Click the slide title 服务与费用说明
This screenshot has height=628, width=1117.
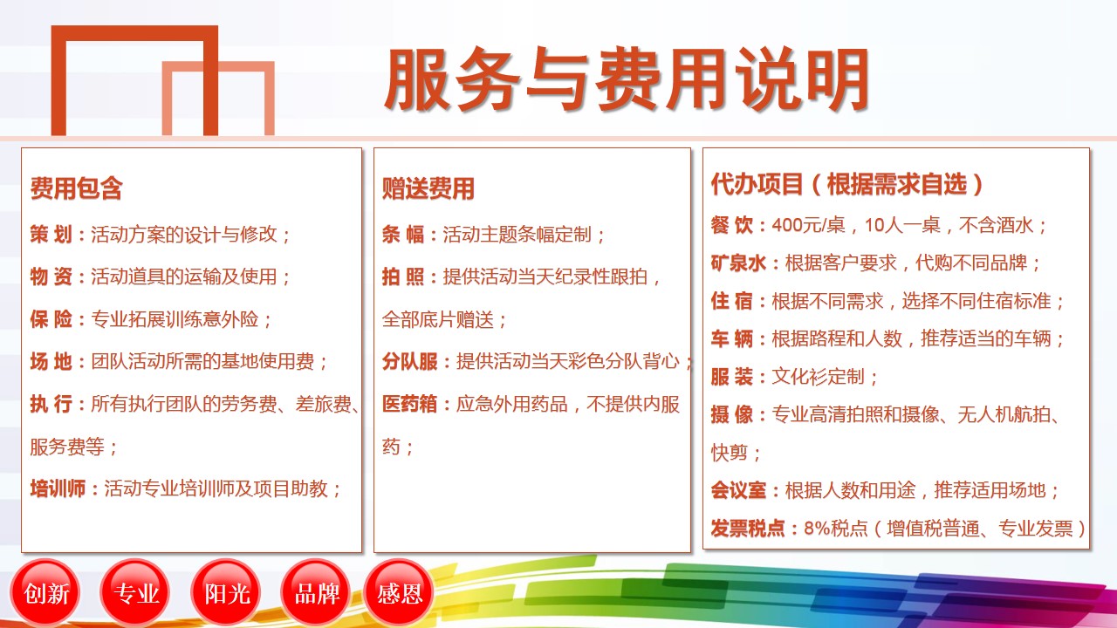point(627,78)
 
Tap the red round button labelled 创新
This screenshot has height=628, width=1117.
point(46,593)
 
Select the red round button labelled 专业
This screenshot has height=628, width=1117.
point(135,593)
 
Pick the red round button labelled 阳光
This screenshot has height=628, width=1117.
point(226,593)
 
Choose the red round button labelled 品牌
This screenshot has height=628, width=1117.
point(316,593)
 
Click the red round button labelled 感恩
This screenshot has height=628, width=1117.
point(399,593)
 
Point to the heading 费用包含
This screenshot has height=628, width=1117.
point(76,188)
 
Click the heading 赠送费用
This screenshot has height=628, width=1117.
point(428,188)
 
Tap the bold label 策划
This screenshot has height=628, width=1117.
point(51,235)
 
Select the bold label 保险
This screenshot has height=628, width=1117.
point(51,319)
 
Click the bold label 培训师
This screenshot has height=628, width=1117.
point(58,488)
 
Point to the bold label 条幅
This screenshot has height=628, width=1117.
point(403,235)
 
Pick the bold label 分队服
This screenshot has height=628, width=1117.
point(410,361)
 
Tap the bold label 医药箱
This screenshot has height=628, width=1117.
point(410,404)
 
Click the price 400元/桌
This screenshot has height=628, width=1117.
point(808,225)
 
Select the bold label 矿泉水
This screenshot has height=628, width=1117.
point(738,263)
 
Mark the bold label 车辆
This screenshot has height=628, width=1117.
point(732,339)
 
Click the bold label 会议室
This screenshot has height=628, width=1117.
point(738,490)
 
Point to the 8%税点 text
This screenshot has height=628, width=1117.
point(836,529)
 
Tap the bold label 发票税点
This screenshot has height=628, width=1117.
point(748,529)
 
